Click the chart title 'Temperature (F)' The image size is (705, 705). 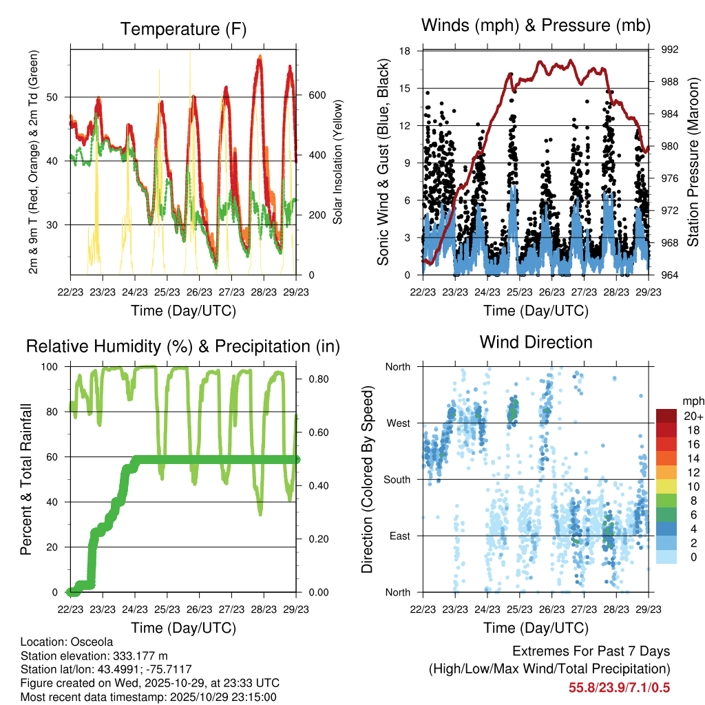[x=183, y=29]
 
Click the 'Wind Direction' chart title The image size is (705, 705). [x=536, y=342]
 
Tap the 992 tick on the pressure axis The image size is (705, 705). [x=661, y=50]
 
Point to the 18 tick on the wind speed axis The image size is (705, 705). [x=405, y=51]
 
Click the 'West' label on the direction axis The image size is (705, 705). [x=397, y=423]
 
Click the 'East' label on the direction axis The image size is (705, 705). [x=399, y=536]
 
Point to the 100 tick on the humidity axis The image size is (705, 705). [x=52, y=367]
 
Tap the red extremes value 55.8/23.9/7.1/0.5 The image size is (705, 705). [x=619, y=687]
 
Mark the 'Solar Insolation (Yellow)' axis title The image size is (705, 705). [x=338, y=162]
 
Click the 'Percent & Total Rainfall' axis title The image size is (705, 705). [x=25, y=479]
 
